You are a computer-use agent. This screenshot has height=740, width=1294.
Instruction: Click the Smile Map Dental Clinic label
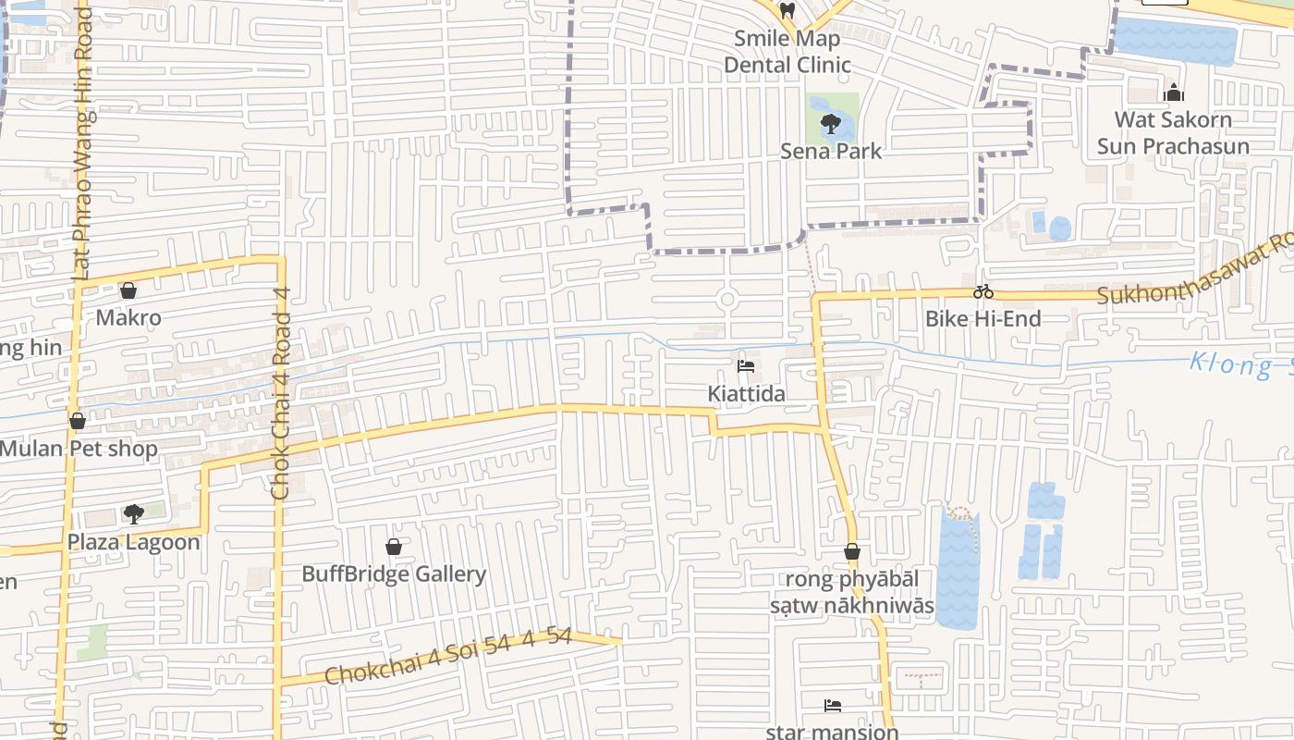[x=787, y=52]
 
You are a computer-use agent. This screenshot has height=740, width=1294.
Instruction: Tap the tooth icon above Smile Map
[x=787, y=11]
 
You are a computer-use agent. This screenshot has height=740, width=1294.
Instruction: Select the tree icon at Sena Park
[x=830, y=123]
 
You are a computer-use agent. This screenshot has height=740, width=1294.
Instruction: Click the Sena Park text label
[x=831, y=151]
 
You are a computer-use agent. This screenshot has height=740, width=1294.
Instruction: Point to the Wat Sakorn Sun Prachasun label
[x=1173, y=132]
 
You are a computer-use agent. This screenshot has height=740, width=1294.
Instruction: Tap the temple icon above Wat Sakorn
[x=1174, y=92]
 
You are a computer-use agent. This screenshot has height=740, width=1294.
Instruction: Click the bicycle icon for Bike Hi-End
[x=983, y=291]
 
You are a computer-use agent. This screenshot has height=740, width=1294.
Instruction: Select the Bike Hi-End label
[x=983, y=319]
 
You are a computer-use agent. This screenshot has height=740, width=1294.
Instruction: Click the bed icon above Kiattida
[x=746, y=366]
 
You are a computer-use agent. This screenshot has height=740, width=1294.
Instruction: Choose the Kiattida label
[x=746, y=394]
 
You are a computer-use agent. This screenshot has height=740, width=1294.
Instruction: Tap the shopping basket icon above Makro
[x=128, y=290]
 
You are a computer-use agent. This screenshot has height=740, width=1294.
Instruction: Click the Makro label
[x=128, y=318]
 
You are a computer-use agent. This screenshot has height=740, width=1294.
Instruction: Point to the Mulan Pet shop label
[x=79, y=450]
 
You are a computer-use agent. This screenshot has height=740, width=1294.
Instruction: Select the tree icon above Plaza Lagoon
[x=134, y=513]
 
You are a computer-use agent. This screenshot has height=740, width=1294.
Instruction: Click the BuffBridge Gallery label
[x=394, y=574]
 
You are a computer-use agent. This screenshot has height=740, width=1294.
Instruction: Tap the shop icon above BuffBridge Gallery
[x=394, y=547]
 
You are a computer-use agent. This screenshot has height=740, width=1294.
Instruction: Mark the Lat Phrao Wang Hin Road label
[x=83, y=139]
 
